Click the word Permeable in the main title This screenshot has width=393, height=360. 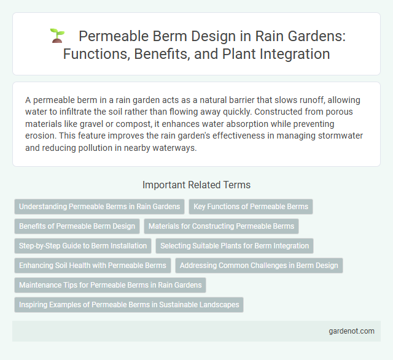[x=110, y=36]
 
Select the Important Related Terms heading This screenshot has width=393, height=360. [x=196, y=184]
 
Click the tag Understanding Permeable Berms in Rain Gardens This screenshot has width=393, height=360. [x=99, y=207]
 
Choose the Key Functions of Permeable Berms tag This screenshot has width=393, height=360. [x=251, y=207]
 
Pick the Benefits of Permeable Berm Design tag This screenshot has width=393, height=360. [x=77, y=226]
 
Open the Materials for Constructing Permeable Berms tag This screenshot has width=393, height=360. [x=222, y=226]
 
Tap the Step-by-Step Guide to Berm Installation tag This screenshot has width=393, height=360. [x=83, y=246]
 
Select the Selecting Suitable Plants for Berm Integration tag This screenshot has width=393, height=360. [x=235, y=246]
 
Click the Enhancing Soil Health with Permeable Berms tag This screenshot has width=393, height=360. [x=93, y=266]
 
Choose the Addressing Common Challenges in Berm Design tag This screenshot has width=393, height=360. [x=259, y=266]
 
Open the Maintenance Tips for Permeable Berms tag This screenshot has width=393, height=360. [x=110, y=285]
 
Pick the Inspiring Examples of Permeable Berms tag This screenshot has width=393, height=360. [x=129, y=305]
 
